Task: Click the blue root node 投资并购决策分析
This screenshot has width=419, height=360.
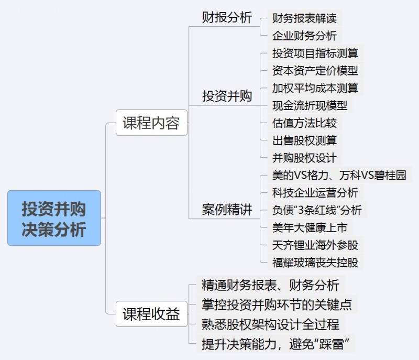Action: [x=54, y=218]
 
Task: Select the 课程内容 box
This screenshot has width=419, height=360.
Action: [x=151, y=123]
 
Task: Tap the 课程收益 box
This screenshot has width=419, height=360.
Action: [x=151, y=314]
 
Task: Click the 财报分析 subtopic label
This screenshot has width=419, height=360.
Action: [x=227, y=18]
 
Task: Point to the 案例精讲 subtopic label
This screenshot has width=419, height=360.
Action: [x=227, y=210]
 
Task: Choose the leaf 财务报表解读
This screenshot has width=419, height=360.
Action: [x=304, y=18]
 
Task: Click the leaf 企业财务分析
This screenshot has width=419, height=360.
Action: [x=304, y=36]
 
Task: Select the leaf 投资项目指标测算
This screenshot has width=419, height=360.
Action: [x=315, y=53]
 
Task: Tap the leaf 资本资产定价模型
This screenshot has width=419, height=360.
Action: [x=315, y=71]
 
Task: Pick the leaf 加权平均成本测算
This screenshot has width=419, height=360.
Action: [x=315, y=88]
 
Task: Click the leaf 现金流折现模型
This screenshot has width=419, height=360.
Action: [x=310, y=105]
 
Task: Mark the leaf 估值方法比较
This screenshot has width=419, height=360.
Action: [x=304, y=123]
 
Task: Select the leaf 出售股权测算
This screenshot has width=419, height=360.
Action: [x=304, y=140]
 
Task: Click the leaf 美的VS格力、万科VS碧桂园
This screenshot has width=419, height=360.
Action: [x=339, y=176]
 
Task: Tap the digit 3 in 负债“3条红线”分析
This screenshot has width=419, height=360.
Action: [x=301, y=210]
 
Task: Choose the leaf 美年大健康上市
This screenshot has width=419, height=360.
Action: [x=310, y=228]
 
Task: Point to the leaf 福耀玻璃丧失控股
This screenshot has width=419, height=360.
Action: [x=315, y=263]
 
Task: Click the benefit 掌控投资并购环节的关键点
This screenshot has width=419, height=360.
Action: [x=277, y=304]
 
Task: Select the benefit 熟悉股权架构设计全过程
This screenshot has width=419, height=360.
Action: [x=270, y=324]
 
